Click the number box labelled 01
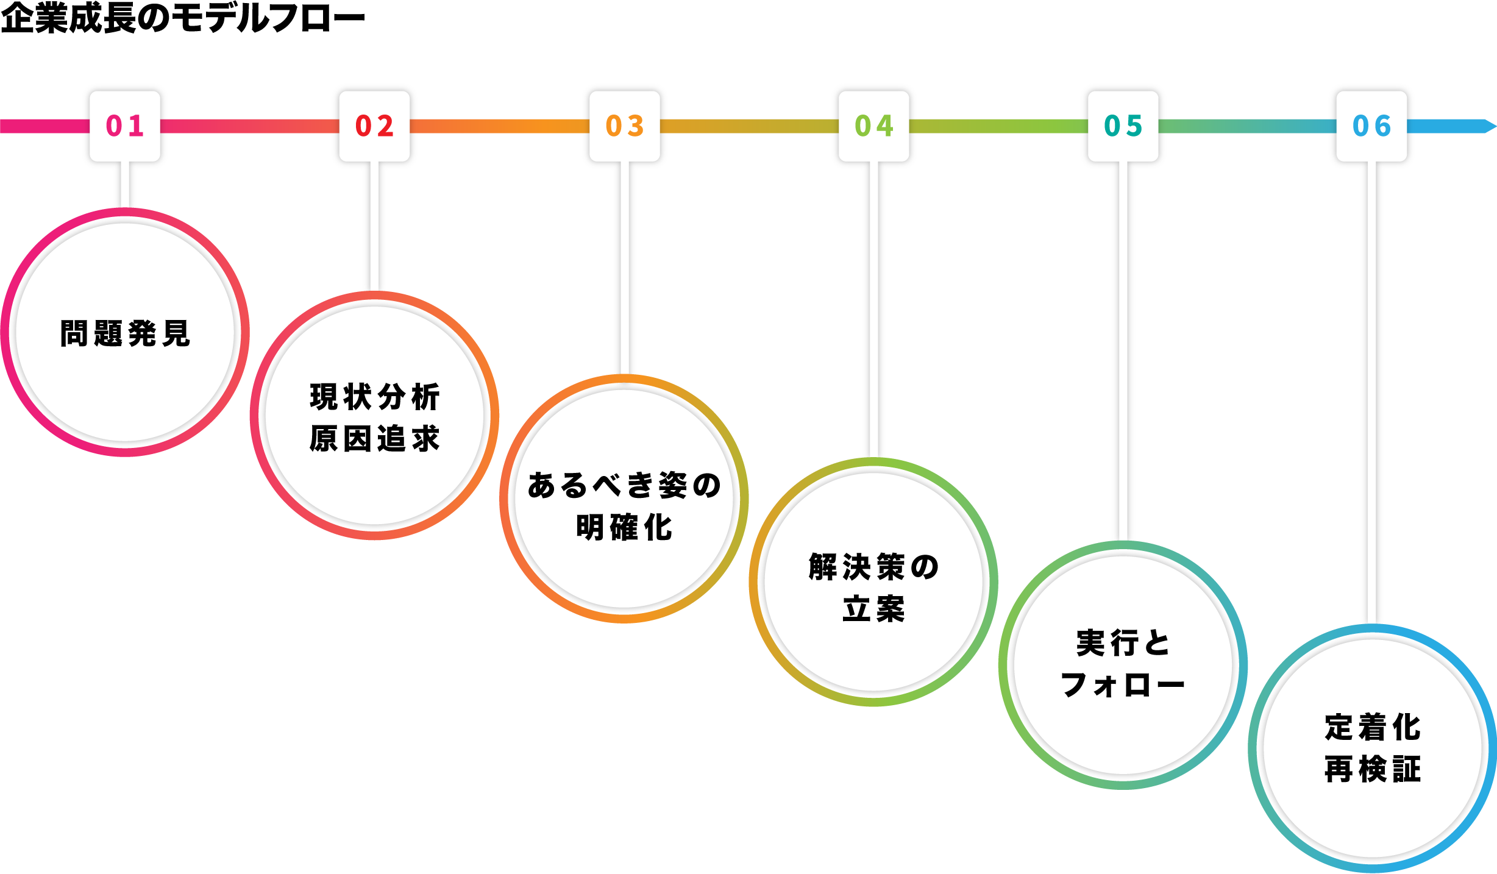click(125, 126)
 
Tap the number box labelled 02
click(374, 126)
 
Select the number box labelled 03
click(624, 126)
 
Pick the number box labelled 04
click(873, 126)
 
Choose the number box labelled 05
click(1123, 126)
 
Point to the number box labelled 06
click(1371, 126)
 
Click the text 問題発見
click(125, 333)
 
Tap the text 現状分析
click(374, 397)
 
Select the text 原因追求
click(374, 438)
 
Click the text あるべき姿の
click(624, 486)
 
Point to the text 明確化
click(624, 527)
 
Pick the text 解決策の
click(873, 567)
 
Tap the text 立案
click(873, 609)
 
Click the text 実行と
click(1123, 643)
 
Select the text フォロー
click(1123, 685)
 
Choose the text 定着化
click(1372, 727)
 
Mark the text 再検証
click(1372, 769)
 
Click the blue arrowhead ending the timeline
click(1488, 126)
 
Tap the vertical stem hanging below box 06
click(1371, 396)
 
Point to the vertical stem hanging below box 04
click(873, 311)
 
